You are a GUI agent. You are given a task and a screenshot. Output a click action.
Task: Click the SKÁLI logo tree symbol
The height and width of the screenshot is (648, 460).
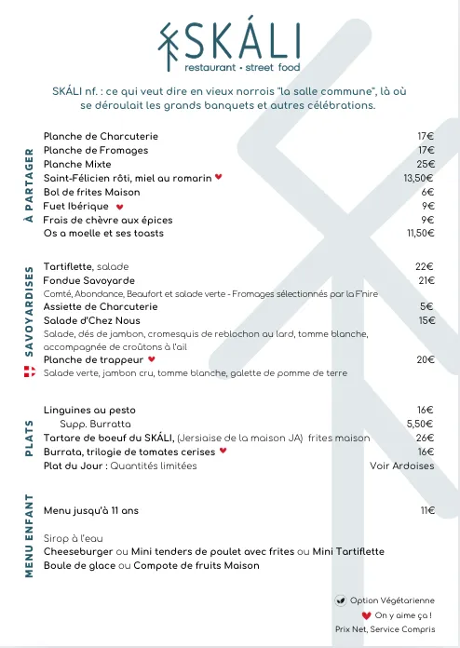(169, 45)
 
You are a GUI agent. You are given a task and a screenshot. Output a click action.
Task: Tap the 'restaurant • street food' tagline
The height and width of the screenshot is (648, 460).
(241, 68)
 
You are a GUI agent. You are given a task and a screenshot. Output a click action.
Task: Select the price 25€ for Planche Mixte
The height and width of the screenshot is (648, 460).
(426, 164)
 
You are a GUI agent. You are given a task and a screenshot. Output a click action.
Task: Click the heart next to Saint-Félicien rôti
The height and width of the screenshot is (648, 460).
(219, 177)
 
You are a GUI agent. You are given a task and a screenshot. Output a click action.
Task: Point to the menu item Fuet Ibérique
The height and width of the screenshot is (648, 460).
(77, 206)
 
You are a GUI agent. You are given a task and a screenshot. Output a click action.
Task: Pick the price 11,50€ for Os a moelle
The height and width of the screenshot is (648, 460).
(421, 233)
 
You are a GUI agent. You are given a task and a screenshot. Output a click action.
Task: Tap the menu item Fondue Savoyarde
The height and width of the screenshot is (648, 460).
(88, 280)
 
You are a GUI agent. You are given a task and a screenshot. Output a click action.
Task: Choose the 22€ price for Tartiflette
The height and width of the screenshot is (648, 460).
(425, 266)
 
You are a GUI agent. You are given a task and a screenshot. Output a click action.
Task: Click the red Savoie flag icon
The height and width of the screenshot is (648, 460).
(28, 372)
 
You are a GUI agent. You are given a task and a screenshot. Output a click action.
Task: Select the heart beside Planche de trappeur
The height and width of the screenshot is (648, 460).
(152, 359)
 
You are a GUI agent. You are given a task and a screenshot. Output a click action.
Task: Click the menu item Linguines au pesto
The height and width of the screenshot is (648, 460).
(89, 410)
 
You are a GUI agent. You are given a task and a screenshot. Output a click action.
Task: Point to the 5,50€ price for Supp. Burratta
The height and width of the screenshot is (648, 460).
(421, 424)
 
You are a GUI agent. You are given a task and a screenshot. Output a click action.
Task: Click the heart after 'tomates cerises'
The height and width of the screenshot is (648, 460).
(223, 452)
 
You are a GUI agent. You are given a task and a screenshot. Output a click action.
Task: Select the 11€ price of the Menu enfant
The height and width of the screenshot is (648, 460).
(427, 510)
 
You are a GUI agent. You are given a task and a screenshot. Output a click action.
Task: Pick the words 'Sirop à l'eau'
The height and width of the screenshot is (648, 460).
(71, 538)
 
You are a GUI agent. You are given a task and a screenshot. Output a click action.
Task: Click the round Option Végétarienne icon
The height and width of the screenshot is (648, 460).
(341, 601)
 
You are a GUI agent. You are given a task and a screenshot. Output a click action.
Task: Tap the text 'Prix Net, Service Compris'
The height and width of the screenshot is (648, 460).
(385, 629)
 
